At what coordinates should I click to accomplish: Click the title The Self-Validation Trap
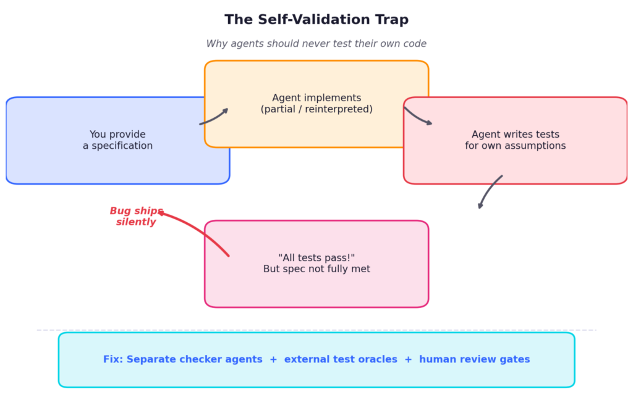pos(316,20)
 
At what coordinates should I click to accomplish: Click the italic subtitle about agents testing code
pos(316,44)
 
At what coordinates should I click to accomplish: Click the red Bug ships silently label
pos(136,217)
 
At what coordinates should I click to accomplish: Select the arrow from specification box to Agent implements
pos(215,117)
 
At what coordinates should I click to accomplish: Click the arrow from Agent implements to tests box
pos(417,117)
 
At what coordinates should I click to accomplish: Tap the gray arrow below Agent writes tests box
pos(489,191)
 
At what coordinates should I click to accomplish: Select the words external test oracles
pos(341,359)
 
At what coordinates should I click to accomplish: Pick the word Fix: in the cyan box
pos(113,359)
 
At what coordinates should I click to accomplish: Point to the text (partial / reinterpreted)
pos(316,109)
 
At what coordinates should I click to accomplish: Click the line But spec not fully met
pos(316,269)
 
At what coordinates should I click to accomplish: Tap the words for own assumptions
pos(515,146)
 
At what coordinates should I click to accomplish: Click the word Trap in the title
pos(390,20)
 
